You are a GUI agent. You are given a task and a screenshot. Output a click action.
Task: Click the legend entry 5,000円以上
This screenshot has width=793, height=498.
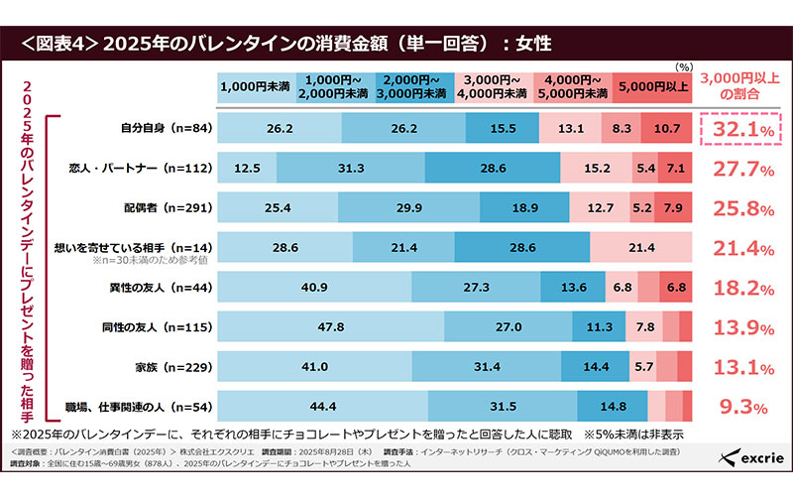point(651,87)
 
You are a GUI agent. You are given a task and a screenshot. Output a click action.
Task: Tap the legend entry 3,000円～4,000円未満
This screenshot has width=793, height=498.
point(494,87)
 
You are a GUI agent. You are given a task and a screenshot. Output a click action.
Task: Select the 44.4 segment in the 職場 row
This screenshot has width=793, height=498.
point(321,405)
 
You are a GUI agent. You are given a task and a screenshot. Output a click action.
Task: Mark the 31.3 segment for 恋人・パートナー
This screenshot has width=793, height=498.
point(351,168)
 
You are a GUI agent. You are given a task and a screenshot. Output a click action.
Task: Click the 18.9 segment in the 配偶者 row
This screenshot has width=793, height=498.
point(525,207)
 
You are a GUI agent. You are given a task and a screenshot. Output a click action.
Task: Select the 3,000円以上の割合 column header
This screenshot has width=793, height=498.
point(738,87)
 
